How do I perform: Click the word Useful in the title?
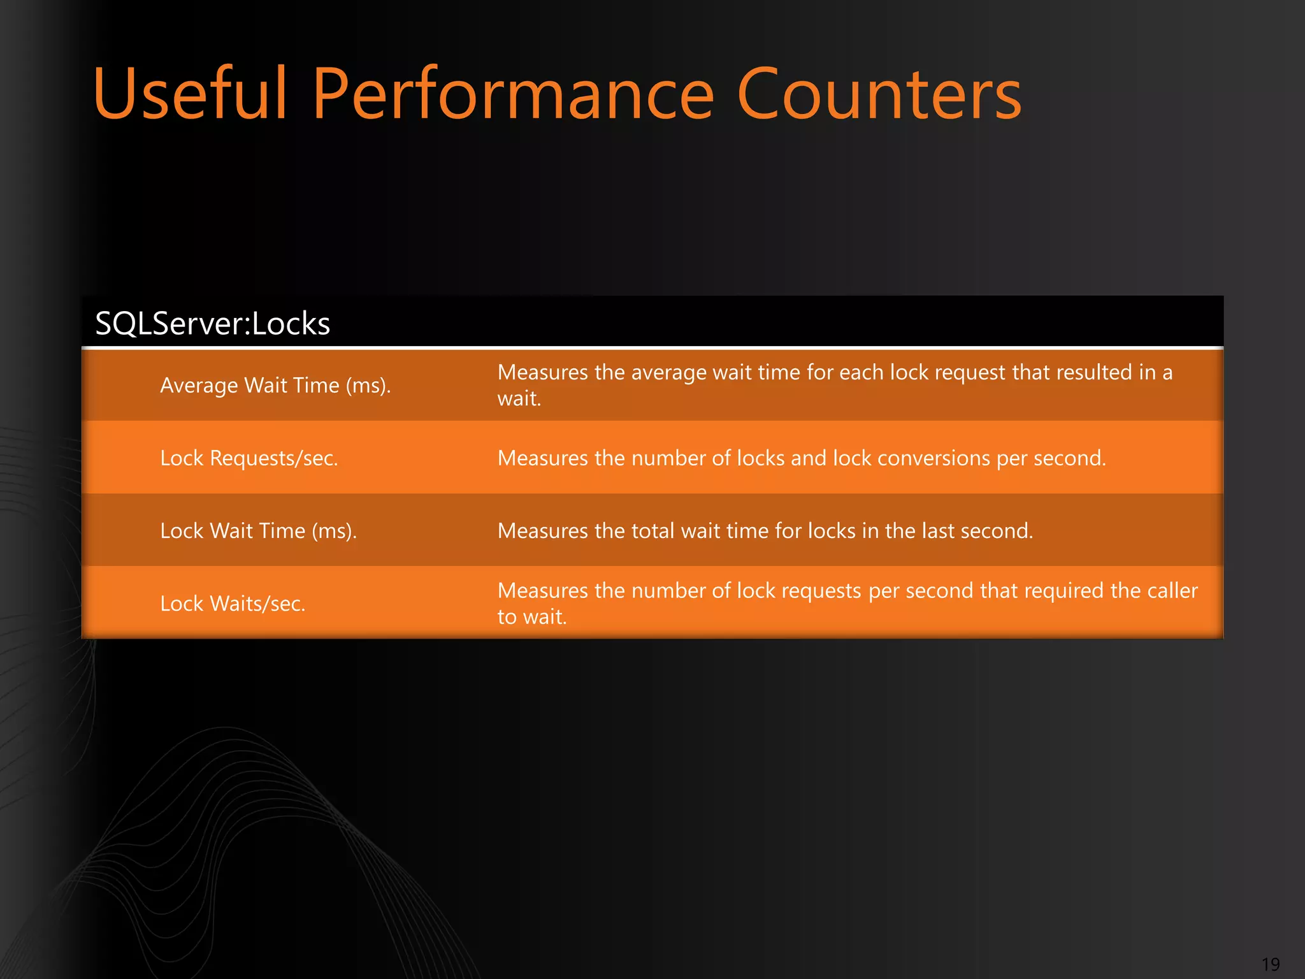click(x=190, y=94)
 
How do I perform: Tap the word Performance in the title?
click(x=513, y=94)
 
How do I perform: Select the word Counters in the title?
click(x=879, y=94)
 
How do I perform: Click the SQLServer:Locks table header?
click(x=212, y=323)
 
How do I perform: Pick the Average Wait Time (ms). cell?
click(x=275, y=386)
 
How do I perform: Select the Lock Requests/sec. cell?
click(x=249, y=458)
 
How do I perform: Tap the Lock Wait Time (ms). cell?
click(x=258, y=531)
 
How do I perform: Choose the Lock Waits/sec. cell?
click(x=233, y=604)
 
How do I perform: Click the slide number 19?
click(x=1271, y=964)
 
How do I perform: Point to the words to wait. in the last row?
click(x=531, y=617)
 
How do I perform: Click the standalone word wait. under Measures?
click(x=519, y=399)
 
